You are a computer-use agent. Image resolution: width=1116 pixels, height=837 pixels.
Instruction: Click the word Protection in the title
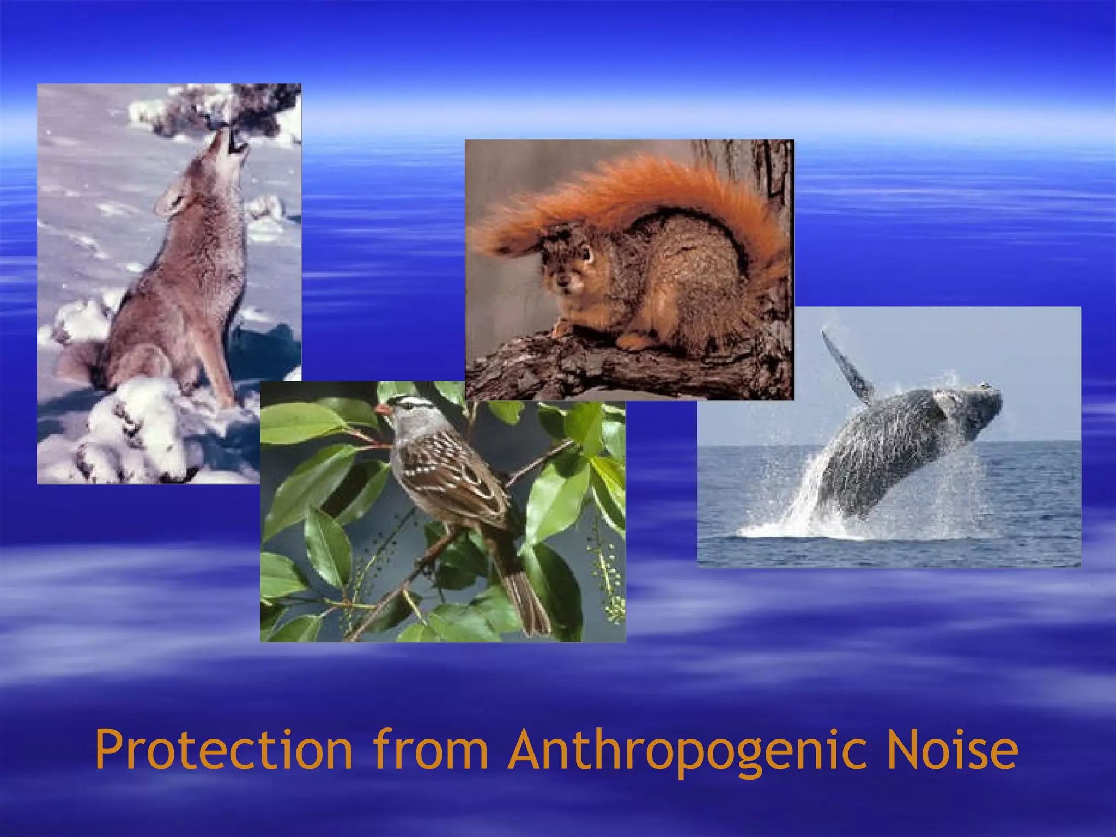223,751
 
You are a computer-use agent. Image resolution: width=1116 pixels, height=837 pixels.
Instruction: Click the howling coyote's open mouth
235,143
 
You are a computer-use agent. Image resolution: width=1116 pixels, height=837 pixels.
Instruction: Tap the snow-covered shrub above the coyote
218,109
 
